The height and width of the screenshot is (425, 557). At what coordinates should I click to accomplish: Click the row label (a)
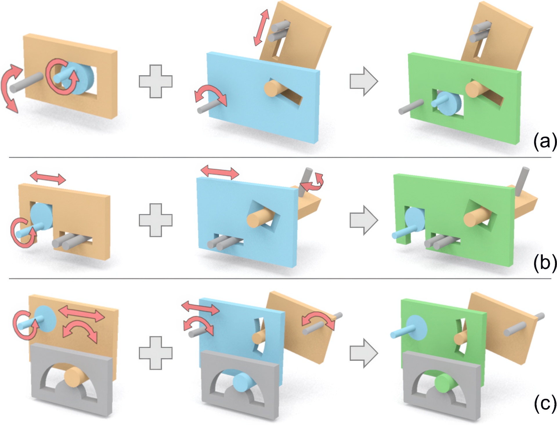[545, 142]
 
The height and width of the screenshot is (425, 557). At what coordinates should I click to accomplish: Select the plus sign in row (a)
[156, 81]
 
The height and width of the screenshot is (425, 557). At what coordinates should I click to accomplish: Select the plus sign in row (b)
[156, 220]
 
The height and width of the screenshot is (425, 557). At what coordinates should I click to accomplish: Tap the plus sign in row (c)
[156, 353]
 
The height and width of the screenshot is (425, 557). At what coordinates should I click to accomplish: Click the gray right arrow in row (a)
[364, 81]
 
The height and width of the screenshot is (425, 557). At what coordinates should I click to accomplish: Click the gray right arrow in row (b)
[364, 220]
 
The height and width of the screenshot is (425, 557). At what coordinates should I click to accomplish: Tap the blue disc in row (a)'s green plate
[448, 103]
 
